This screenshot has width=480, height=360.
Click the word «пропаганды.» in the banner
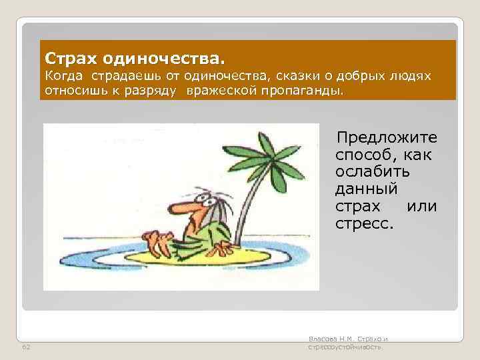(x=307, y=90)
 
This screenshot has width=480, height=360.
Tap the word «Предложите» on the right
(x=387, y=138)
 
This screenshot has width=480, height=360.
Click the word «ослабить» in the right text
(x=373, y=172)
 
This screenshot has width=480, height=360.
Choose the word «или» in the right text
(x=421, y=206)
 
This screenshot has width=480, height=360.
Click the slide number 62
(x=26, y=347)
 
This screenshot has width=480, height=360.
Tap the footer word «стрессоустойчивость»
(x=344, y=347)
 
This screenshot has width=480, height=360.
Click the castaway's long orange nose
(x=177, y=209)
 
